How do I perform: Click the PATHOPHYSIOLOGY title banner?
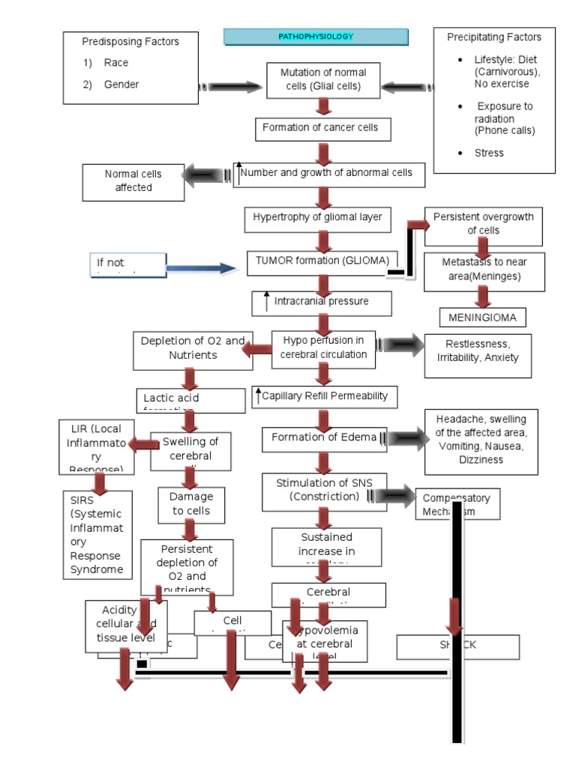(316, 37)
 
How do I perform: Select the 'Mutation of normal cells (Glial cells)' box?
(323, 79)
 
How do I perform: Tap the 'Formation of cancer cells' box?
(320, 128)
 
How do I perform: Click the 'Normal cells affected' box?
(133, 181)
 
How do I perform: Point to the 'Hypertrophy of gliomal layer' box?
(318, 218)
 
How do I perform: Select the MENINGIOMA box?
(482, 318)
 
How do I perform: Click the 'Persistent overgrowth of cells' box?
(484, 225)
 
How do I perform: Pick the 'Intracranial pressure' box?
(322, 303)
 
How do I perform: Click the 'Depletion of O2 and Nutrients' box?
(192, 349)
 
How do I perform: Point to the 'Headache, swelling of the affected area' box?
(481, 442)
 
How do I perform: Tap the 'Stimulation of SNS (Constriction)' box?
(325, 491)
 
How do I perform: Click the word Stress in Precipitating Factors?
(489, 153)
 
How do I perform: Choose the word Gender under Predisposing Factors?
(121, 85)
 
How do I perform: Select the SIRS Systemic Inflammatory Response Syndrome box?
(97, 533)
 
